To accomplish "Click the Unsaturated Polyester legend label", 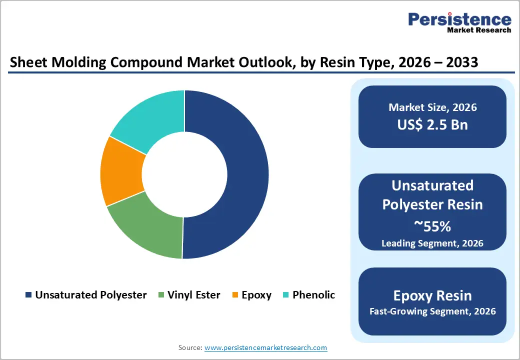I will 90,295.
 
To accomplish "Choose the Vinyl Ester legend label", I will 194,295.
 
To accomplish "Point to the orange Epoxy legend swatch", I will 235,295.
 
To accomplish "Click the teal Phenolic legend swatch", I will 286,295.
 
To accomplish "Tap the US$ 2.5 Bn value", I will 432,124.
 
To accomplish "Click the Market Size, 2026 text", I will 432,107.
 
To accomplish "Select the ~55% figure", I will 432,226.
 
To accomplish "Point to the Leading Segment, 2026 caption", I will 432,243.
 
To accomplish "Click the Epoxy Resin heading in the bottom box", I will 432,295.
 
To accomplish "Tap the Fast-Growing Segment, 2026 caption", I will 432,311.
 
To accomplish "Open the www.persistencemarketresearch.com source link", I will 266,347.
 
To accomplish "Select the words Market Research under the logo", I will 478,30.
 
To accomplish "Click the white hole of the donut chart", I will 184,174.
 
